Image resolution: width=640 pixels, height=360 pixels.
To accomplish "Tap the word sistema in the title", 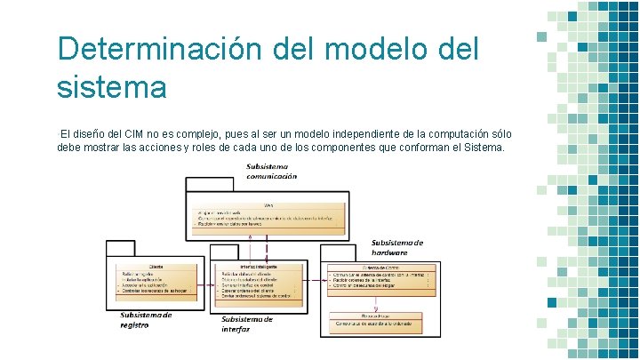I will (x=111, y=87).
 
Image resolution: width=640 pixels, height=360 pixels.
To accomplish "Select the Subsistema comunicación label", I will (x=272, y=171).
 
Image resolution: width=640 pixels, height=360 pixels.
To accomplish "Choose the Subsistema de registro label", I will (x=146, y=319).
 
